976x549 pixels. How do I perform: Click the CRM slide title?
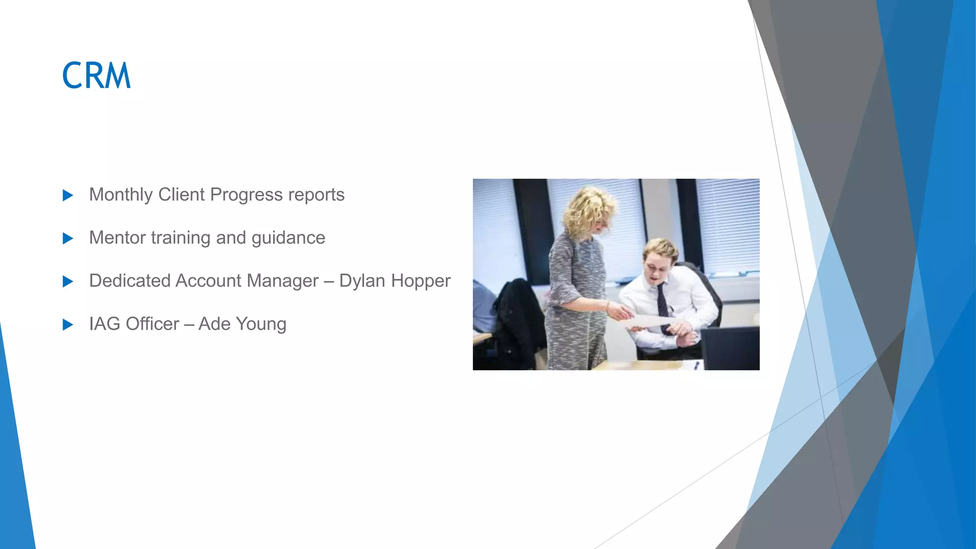[96, 76]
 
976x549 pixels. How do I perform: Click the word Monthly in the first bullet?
[121, 195]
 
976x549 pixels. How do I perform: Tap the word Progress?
[246, 195]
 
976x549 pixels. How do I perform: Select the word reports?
[316, 195]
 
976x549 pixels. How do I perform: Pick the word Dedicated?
[130, 281]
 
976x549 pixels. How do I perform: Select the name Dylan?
[362, 281]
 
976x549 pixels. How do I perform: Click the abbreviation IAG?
[104, 324]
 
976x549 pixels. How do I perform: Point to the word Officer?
[152, 324]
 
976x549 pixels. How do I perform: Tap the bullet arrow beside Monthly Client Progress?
[68, 195]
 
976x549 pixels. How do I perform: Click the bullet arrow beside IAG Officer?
[68, 325]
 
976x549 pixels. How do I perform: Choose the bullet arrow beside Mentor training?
[68, 238]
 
